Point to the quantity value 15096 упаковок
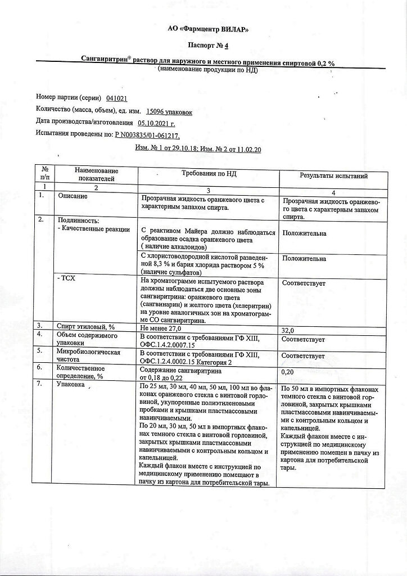(169, 112)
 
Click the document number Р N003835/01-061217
(147, 136)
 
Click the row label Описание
(73, 196)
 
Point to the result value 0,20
(287, 372)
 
